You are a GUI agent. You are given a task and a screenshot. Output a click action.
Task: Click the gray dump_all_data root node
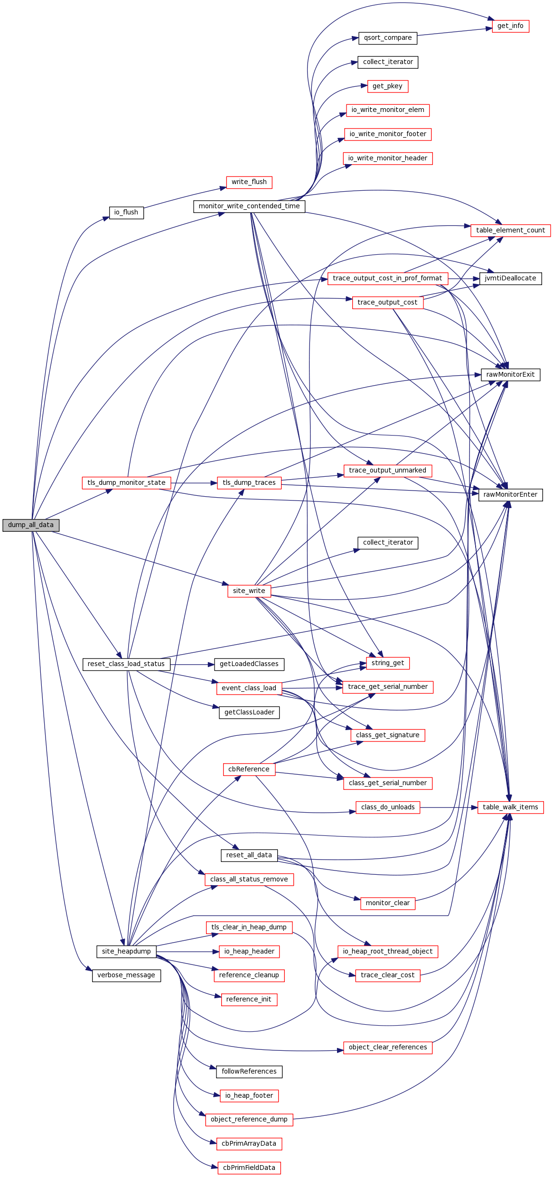[x=31, y=525]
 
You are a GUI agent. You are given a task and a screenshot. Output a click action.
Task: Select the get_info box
[x=510, y=26]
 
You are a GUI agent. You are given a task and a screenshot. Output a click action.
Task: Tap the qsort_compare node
[x=388, y=38]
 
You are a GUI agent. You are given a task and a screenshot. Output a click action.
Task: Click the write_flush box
[x=249, y=182]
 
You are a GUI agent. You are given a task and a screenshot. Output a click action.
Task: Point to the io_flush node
[x=126, y=213]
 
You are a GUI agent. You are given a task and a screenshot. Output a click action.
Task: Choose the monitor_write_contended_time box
[x=249, y=206]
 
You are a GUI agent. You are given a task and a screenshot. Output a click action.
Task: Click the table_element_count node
[x=510, y=231]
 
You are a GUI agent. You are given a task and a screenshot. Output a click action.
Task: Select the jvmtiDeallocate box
[x=510, y=278]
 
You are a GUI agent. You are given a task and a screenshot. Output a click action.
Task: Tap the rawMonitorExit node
[x=510, y=375]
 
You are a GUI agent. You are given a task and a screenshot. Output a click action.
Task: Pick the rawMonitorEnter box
[x=510, y=495]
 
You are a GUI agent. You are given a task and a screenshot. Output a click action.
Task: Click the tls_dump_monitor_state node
[x=126, y=483]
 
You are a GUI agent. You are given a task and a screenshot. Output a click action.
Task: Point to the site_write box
[x=249, y=591]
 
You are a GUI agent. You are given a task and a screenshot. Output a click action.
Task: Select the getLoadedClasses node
[x=249, y=664]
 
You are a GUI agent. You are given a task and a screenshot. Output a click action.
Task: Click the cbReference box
[x=249, y=769]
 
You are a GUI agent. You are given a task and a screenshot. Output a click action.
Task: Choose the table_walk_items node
[x=510, y=807]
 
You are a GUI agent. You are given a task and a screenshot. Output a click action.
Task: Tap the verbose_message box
[x=126, y=975]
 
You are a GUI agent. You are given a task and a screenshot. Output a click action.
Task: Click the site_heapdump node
[x=126, y=952]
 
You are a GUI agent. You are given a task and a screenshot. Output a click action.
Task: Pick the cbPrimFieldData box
[x=249, y=1168]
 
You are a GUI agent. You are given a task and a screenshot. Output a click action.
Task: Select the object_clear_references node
[x=388, y=1047]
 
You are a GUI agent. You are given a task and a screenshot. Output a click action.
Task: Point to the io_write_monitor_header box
[x=388, y=158]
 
